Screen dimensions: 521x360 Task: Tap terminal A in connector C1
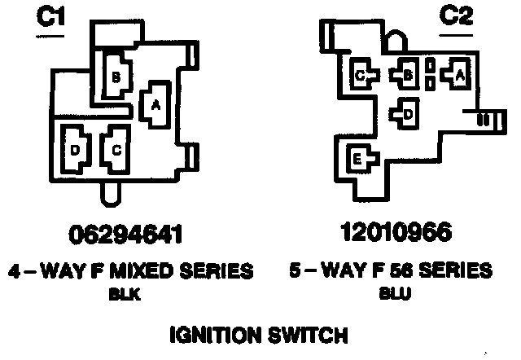pos(155,103)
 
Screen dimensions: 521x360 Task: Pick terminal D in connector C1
pos(75,149)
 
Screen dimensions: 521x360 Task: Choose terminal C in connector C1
pos(116,149)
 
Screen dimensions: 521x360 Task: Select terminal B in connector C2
pos(407,76)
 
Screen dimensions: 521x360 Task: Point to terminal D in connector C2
pos(407,113)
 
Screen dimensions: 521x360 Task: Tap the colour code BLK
pos(125,296)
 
